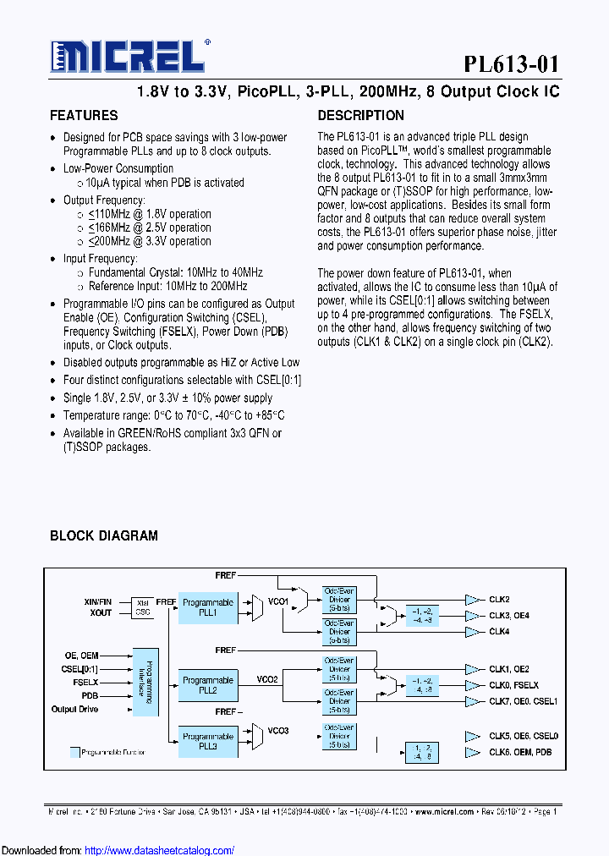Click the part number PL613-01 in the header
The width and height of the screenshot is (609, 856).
(511, 64)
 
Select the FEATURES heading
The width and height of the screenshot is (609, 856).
(84, 115)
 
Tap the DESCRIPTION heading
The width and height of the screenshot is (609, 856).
(360, 115)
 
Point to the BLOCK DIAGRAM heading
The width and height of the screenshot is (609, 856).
(104, 535)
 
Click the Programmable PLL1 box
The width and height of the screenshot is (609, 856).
(208, 607)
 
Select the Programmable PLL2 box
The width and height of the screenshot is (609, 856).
(208, 685)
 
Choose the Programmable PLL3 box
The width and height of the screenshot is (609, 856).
(208, 742)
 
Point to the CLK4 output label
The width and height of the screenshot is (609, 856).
(499, 632)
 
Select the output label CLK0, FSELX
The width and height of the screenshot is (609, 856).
(513, 685)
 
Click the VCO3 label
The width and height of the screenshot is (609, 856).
(278, 730)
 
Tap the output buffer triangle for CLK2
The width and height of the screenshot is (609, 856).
(471, 600)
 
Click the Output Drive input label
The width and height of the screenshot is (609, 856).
(75, 710)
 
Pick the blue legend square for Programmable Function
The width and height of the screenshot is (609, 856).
(74, 750)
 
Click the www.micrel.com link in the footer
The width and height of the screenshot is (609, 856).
(445, 810)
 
